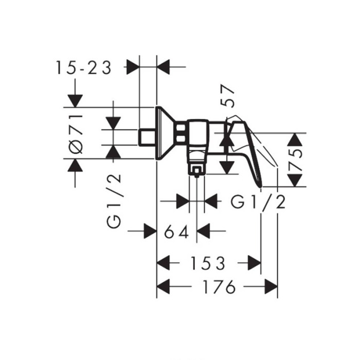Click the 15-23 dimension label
pyautogui.click(x=84, y=67)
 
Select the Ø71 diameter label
pyautogui.click(x=76, y=134)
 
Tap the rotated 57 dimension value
pyautogui.click(x=228, y=96)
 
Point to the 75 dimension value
pyautogui.click(x=295, y=160)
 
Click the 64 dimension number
pyautogui.click(x=176, y=231)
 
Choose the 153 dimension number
pyautogui.click(x=208, y=263)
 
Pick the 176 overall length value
pyautogui.click(x=219, y=286)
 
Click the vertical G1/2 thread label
pyautogui.click(x=114, y=201)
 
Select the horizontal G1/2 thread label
pyautogui.click(x=258, y=202)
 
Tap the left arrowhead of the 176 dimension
pyautogui.click(x=163, y=286)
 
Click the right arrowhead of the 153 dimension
pyautogui.click(x=255, y=263)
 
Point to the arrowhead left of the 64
pyautogui.click(x=150, y=231)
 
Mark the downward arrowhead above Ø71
pyautogui.click(x=75, y=101)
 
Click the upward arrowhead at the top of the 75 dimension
pyautogui.click(x=295, y=139)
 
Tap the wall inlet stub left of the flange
pyautogui.click(x=147, y=137)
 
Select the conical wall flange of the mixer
pyautogui.click(x=165, y=133)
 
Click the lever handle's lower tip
pyautogui.click(x=261, y=186)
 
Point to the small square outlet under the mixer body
pyautogui.click(x=196, y=171)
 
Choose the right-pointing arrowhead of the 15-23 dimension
pyautogui.click(x=133, y=67)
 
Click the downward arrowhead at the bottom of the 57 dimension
pyautogui.click(x=227, y=168)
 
